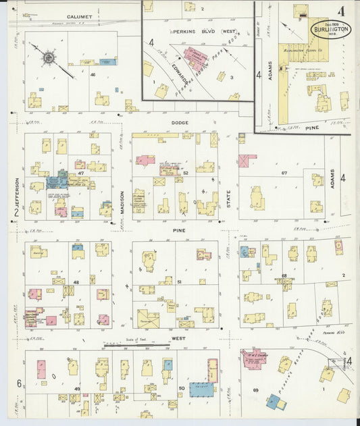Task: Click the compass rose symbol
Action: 49,59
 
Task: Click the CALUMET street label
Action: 80,16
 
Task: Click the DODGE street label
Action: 179,123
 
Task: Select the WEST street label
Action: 178,338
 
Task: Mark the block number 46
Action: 92,74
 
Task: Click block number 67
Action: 284,173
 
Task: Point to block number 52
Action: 185,174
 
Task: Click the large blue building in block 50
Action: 201,390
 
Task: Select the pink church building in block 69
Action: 255,358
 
